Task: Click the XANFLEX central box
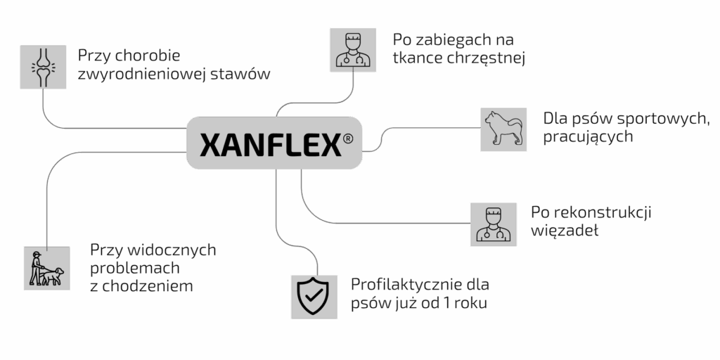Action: coord(275,143)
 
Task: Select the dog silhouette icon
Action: coord(503,129)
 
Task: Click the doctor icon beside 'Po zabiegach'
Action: coord(353,49)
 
